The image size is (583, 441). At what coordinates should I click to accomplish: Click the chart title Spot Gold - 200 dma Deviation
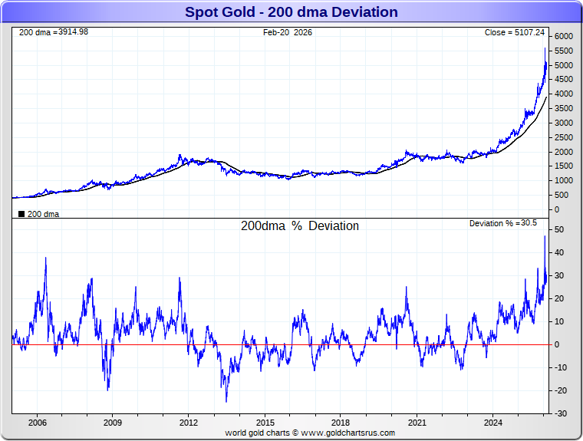291,12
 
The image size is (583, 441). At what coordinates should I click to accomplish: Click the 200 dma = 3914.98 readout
53,32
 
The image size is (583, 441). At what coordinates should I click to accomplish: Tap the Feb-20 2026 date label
288,32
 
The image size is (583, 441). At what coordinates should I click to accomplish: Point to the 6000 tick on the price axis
564,37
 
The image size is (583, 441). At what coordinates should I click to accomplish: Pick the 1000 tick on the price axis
564,180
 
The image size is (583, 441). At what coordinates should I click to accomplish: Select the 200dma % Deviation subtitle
300,226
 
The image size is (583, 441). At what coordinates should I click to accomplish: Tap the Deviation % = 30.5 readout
503,223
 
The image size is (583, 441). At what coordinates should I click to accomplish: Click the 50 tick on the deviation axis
560,230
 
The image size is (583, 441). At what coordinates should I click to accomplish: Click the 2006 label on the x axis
37,423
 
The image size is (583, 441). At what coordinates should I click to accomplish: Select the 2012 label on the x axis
189,423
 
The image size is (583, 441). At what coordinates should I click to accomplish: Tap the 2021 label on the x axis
417,423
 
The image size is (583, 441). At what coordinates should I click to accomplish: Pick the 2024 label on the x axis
493,423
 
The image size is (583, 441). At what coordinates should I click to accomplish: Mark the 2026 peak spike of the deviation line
545,236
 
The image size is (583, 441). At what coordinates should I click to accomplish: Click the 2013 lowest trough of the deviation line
226,401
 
